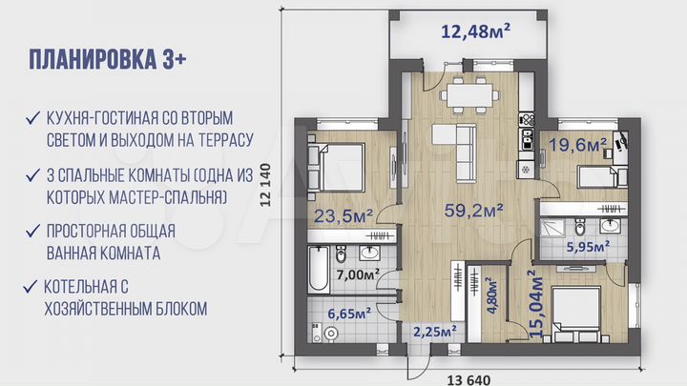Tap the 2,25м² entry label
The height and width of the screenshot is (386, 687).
point(434,331)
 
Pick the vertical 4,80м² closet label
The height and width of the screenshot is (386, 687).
point(493,296)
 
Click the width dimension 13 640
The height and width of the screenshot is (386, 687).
point(468,379)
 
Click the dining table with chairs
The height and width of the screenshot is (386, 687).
point(468,95)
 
